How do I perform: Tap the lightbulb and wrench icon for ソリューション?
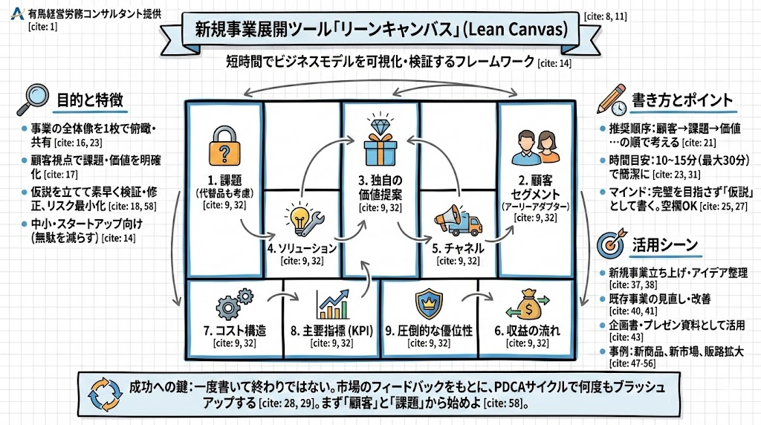(302, 218)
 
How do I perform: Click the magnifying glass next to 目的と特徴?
(33, 100)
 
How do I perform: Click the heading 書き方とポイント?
(681, 100)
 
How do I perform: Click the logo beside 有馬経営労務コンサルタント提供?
(18, 13)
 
